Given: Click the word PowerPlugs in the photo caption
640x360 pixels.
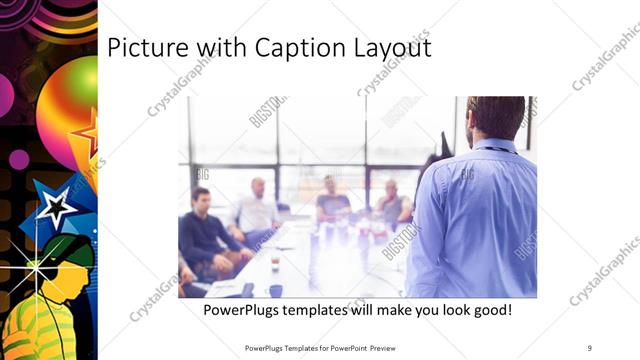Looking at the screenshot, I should (x=242, y=310).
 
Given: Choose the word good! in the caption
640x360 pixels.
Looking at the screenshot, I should (x=490, y=310).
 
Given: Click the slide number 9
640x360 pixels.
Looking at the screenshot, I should (x=590, y=347).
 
